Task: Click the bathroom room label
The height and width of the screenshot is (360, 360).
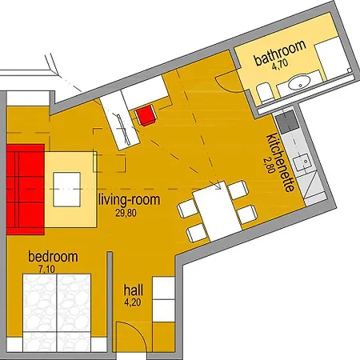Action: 280,53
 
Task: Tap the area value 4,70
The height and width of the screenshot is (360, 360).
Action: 280,65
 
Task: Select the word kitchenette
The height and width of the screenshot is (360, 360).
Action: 280,162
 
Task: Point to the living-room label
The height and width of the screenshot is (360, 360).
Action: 130,200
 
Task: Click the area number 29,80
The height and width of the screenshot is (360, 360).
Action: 126,213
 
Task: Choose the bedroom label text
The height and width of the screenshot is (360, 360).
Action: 53,257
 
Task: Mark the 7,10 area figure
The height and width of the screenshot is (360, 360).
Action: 47,269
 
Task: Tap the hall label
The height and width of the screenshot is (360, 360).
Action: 134,290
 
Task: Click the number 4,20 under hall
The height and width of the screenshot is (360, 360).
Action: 133,302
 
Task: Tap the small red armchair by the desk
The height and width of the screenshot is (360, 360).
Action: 146,115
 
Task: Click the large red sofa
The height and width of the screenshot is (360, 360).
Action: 26,190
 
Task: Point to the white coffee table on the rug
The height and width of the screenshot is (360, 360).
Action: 66,190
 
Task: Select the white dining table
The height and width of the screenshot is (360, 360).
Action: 217,210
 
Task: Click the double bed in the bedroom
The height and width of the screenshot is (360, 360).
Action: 57,313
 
